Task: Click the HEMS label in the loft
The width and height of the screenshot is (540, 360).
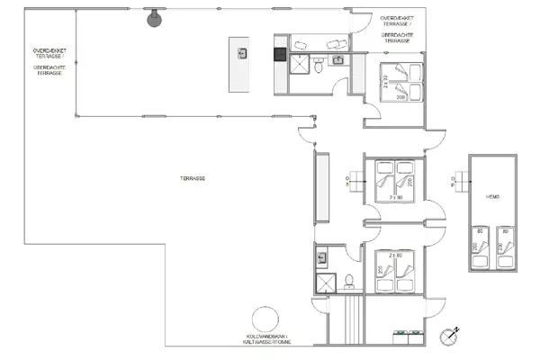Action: [492, 196]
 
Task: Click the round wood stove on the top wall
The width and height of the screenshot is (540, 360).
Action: [154, 17]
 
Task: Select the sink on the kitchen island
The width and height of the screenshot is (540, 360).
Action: [241, 53]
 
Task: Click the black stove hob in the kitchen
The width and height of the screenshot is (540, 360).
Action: [280, 53]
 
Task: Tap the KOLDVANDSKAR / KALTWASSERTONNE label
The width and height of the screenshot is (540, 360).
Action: [265, 339]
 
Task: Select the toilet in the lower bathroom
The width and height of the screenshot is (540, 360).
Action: [348, 280]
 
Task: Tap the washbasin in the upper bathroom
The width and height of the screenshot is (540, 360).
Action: [338, 60]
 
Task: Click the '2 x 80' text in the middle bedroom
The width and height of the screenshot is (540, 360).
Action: [394, 195]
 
